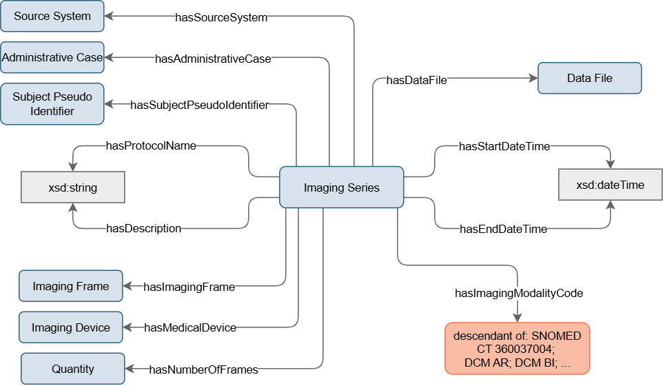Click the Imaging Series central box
(x=341, y=187)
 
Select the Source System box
(x=52, y=16)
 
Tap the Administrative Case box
(x=52, y=58)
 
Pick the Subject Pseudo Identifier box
(x=52, y=103)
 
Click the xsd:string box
(x=72, y=187)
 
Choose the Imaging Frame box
(x=70, y=286)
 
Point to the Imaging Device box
(x=70, y=327)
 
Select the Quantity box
(x=72, y=369)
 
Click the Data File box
(x=589, y=78)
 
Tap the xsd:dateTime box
(x=610, y=185)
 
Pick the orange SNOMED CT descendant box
(x=517, y=348)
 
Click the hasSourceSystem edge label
(x=221, y=18)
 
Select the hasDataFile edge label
(x=416, y=81)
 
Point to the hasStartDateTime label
(x=504, y=146)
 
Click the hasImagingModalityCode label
(x=519, y=293)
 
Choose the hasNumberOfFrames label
(x=203, y=370)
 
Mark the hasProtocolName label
(x=151, y=145)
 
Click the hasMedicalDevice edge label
(x=190, y=327)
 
